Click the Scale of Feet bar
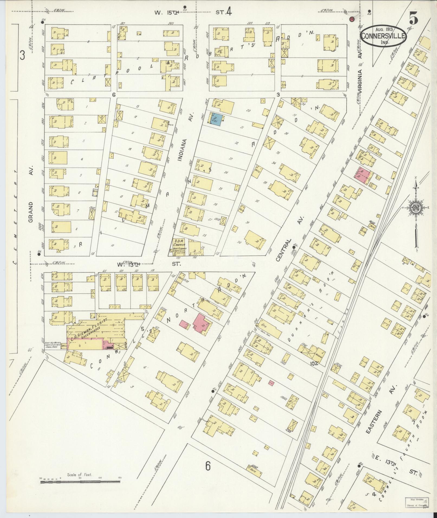tap(80, 292)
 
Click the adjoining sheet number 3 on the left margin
tap(22, 56)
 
